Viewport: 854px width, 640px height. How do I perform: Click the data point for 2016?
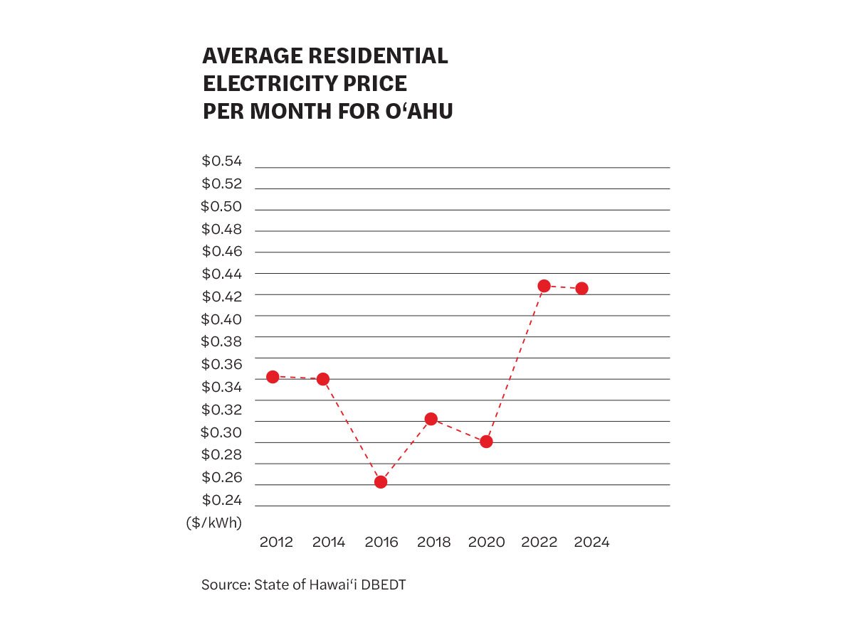(381, 482)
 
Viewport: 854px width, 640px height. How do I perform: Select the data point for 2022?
(544, 286)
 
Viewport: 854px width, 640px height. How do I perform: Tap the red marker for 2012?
(272, 377)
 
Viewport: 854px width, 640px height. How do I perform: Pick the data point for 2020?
(487, 442)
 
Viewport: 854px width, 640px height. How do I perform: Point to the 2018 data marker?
(431, 419)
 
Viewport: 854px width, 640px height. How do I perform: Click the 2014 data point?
(323, 379)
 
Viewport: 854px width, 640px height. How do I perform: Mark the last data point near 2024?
(581, 288)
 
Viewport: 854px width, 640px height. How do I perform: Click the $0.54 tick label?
(222, 161)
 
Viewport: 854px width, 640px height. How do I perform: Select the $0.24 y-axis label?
(222, 500)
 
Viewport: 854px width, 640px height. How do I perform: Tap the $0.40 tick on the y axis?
(222, 319)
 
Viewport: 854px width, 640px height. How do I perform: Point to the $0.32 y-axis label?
(222, 410)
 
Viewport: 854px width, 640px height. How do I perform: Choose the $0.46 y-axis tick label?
(222, 252)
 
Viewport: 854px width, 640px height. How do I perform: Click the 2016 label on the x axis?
(381, 543)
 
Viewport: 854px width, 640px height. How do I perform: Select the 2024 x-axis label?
(591, 543)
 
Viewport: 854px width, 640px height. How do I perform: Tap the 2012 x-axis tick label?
(276, 543)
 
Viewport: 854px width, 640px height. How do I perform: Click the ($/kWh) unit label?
(214, 523)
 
